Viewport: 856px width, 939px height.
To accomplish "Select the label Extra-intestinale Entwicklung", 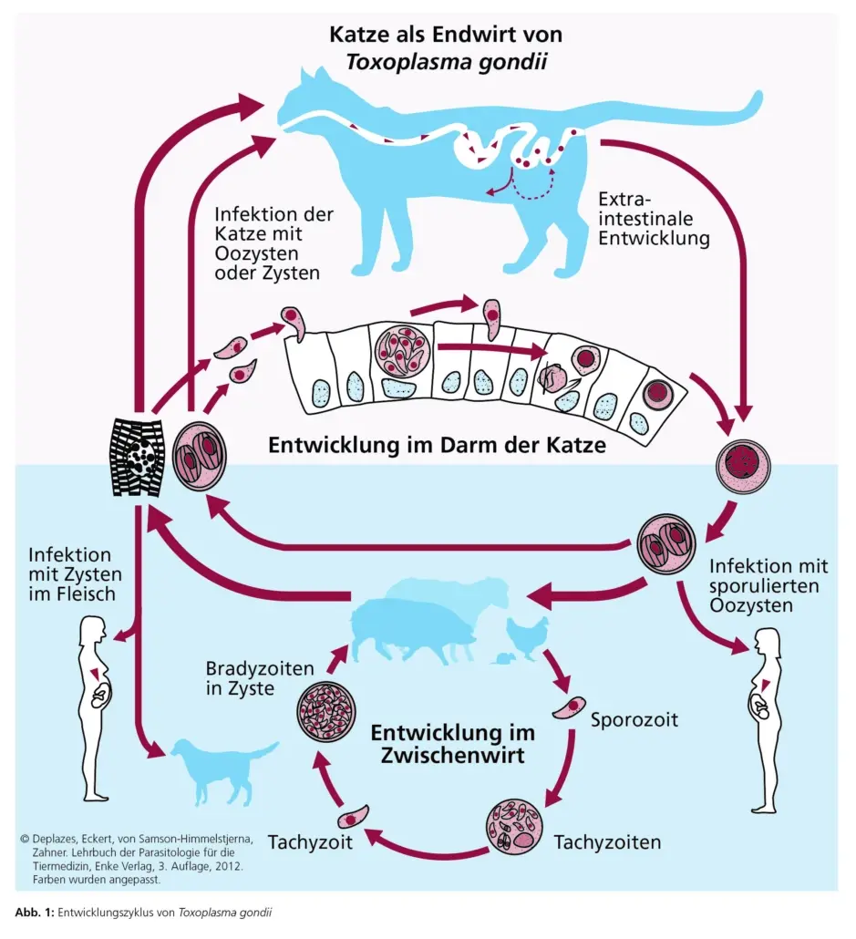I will point(654,219).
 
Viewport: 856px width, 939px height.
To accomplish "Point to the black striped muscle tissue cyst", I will point(137,456).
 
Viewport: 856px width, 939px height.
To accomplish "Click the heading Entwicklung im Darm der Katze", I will point(438,448).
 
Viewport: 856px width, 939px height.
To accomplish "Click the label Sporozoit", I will point(634,719).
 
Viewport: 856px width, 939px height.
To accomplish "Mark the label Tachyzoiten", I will point(606,841).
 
